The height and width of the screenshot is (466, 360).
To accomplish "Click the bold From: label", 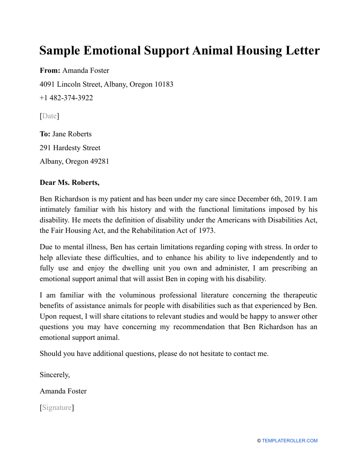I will click(50, 70).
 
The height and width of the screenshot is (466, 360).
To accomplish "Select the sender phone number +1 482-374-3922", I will click(66, 98).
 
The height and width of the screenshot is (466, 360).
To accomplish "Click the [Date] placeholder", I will click(50, 116).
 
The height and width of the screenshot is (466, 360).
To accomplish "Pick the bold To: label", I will click(45, 134).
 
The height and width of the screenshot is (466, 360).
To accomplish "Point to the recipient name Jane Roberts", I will click(72, 134).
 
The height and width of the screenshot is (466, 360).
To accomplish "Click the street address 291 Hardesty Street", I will click(70, 148).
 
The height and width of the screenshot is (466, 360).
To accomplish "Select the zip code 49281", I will click(99, 161).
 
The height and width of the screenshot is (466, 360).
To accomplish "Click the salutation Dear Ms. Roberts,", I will click(70, 183).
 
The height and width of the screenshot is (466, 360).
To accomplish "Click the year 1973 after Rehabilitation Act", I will click(207, 231).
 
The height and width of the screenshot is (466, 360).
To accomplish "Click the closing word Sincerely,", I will click(55, 375).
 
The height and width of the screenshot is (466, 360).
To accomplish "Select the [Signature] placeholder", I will click(57, 408).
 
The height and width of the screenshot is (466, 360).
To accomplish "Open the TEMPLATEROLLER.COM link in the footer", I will click(290, 441).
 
